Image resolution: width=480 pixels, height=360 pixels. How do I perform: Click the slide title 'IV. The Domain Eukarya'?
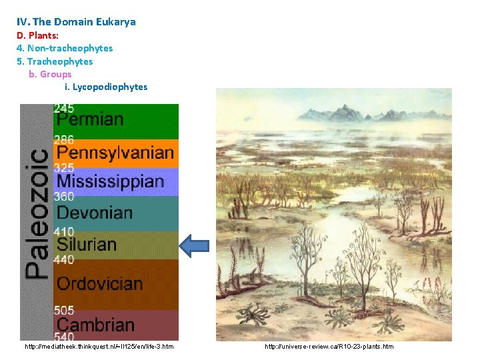point(76,22)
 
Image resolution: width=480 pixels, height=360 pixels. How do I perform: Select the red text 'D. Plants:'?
point(37,35)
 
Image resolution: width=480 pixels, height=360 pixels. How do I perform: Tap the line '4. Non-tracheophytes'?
point(65,48)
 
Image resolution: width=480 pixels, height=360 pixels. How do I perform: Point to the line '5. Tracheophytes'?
point(55,61)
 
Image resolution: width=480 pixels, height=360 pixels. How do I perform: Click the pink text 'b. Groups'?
point(50,74)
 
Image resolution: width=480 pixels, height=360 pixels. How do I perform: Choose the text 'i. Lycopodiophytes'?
point(106,87)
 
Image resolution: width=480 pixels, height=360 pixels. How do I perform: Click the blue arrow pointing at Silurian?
point(195,245)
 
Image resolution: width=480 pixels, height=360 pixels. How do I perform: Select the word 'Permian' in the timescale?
point(90,120)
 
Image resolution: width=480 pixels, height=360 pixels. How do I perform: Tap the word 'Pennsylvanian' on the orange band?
point(115,153)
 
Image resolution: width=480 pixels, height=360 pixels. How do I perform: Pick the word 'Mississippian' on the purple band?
point(110,181)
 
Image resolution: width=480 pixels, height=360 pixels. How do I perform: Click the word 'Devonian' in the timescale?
point(95,213)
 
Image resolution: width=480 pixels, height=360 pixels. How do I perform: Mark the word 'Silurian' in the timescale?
point(87,245)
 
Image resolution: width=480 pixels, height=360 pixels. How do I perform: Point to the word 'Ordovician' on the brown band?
point(100,284)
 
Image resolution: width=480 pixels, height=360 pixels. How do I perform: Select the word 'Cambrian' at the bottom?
point(95,325)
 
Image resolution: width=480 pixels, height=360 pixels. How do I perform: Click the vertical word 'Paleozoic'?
point(37,213)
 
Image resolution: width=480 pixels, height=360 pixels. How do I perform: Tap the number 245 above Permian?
point(64,108)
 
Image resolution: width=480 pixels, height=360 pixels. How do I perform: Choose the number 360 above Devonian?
point(64,197)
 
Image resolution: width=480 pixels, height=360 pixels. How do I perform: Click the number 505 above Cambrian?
point(64,311)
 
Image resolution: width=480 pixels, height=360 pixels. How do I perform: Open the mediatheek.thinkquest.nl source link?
point(99,347)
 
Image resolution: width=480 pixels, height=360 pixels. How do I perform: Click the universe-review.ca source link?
point(329,347)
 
